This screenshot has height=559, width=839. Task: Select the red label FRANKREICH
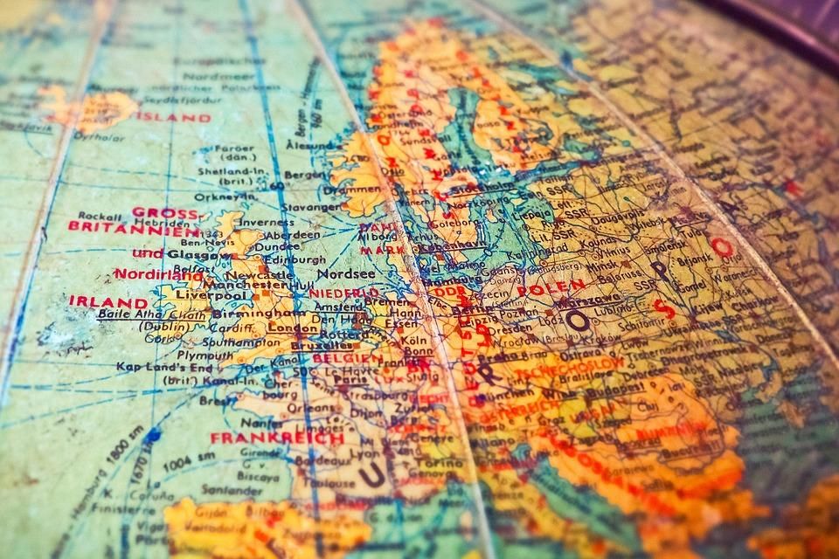277,438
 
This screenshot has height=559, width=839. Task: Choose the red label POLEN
551,287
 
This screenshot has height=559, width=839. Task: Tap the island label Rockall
98,215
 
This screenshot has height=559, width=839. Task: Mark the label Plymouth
180,355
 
